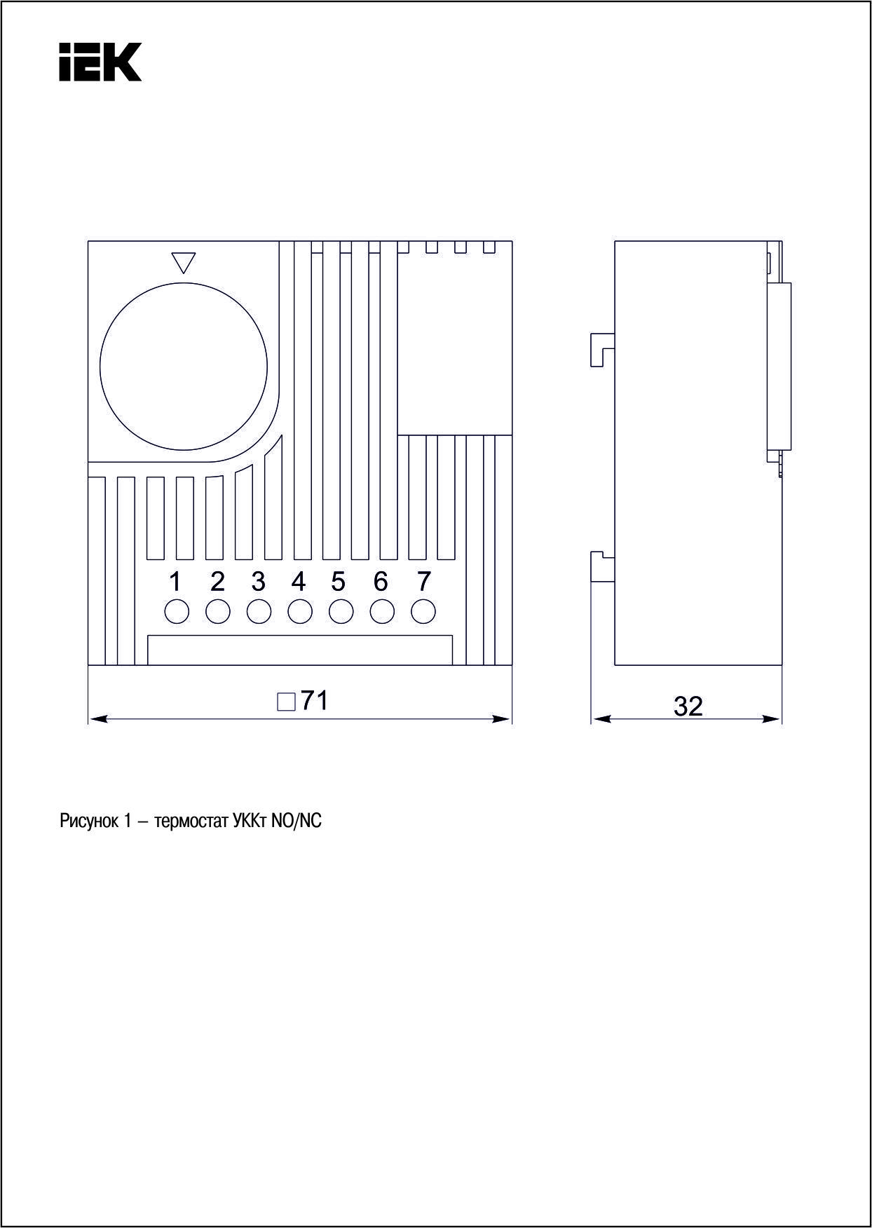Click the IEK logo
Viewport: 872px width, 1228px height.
pyautogui.click(x=100, y=62)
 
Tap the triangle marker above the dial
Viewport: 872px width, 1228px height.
pyautogui.click(x=183, y=262)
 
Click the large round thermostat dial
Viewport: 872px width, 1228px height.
pyautogui.click(x=184, y=365)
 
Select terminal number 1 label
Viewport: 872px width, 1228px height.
pyautogui.click(x=175, y=581)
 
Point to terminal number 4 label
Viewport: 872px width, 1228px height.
pyautogui.click(x=299, y=581)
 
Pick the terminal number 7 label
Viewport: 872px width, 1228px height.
pyautogui.click(x=423, y=581)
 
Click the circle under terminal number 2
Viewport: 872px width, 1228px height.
pyautogui.click(x=218, y=611)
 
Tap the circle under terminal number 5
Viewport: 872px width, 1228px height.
pyautogui.click(x=341, y=611)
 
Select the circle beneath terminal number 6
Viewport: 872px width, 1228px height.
pyautogui.click(x=382, y=611)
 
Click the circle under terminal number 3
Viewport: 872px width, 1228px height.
pyautogui.click(x=259, y=611)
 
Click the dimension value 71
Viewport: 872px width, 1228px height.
pyautogui.click(x=315, y=700)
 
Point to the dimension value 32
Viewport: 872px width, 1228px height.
pyautogui.click(x=688, y=707)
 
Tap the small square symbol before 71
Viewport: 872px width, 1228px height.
pyautogui.click(x=286, y=702)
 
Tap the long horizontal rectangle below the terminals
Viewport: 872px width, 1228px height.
pyautogui.click(x=300, y=650)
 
